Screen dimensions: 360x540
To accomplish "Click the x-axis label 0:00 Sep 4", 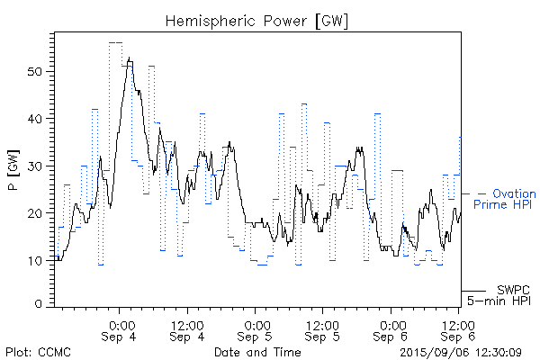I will click(121, 330).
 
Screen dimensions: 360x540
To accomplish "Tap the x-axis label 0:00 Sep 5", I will click(256, 330).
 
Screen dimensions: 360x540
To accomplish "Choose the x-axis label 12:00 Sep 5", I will click(322, 330).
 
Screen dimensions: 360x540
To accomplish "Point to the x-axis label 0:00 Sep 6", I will click(391, 330).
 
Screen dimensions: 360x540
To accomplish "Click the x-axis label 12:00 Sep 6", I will click(458, 330).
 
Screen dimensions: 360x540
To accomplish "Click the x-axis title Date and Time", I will click(257, 352).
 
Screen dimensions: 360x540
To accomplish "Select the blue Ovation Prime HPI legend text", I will click(504, 200).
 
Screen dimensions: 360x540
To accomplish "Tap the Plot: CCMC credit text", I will click(37, 352).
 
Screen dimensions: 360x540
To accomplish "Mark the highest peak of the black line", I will click(130, 58).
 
